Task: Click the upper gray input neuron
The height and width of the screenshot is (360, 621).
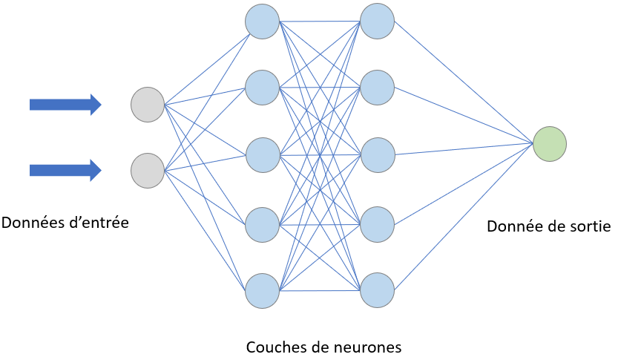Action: point(147,104)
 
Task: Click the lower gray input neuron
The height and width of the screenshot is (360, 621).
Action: point(147,170)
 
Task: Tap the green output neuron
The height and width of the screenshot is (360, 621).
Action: point(550,143)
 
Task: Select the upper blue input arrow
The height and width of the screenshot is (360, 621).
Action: point(65,105)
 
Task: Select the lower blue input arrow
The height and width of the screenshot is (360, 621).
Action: point(65,171)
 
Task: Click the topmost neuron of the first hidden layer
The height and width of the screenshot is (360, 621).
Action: point(262,21)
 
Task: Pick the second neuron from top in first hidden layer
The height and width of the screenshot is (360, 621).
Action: point(262,88)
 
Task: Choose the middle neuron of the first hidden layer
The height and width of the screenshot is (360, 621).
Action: point(262,154)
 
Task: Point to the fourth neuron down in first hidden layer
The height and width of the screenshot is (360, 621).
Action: point(262,223)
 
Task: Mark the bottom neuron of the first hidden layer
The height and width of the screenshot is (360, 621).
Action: point(262,290)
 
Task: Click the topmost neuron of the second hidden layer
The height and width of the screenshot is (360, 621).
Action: point(377,21)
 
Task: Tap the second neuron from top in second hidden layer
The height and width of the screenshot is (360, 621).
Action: point(377,88)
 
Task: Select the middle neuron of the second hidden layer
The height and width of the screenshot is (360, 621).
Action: point(377,154)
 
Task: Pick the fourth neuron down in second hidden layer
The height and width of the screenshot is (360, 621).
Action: point(377,223)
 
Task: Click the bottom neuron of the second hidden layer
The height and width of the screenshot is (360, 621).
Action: point(377,290)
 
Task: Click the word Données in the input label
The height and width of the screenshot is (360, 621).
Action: point(30,222)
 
